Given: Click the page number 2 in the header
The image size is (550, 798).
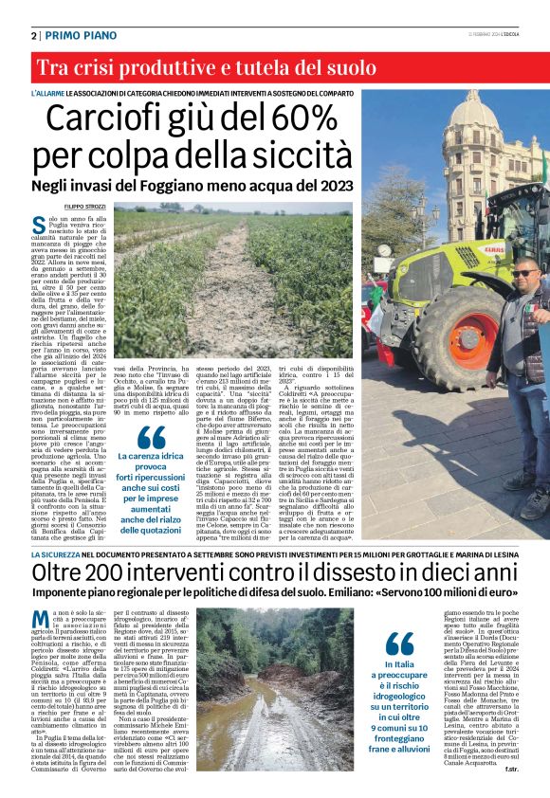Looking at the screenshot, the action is tap(34, 35).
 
